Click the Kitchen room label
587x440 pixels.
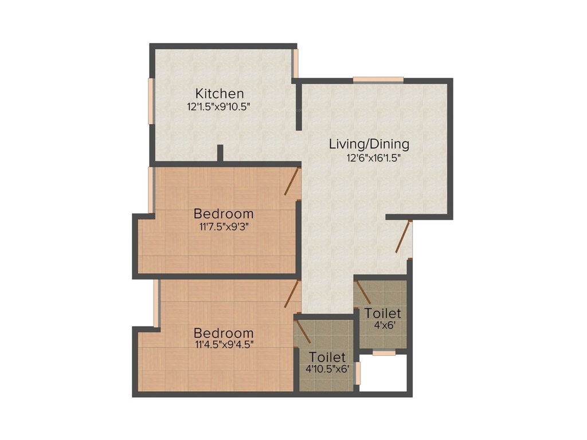tap(220, 93)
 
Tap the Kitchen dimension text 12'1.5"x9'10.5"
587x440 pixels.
tap(220, 107)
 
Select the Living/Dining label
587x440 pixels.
tap(369, 144)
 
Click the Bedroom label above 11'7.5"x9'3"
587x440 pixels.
tap(224, 214)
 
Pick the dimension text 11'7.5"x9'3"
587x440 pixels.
tap(224, 226)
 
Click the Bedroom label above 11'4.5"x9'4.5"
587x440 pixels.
tap(224, 333)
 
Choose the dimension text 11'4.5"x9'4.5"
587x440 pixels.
tap(224, 345)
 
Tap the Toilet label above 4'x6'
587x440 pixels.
tap(383, 314)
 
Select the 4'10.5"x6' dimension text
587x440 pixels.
tap(327, 369)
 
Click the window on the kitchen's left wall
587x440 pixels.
tap(151, 100)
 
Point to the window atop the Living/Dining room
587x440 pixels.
tap(378, 80)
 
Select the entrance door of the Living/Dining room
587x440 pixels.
tap(404, 237)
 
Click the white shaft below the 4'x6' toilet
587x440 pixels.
tap(383, 373)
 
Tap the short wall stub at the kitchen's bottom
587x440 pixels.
tap(220, 154)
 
